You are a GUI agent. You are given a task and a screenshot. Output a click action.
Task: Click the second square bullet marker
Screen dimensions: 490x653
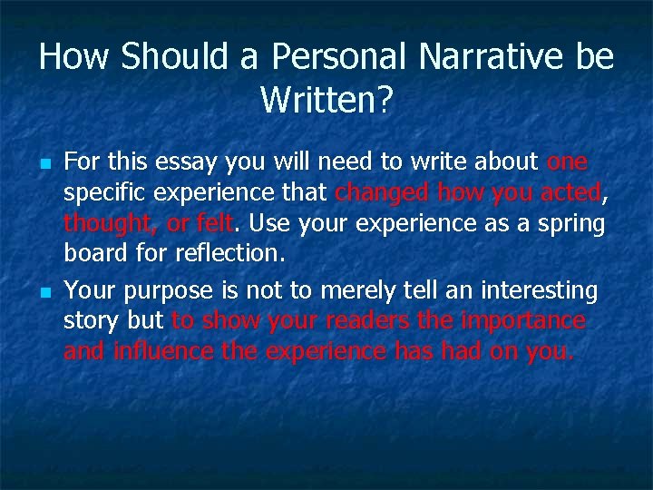(x=44, y=293)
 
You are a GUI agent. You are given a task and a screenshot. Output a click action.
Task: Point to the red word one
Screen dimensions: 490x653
(x=568, y=162)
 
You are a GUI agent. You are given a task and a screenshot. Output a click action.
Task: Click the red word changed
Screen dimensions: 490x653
(x=382, y=193)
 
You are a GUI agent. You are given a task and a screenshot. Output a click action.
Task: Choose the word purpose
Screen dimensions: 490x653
(x=166, y=291)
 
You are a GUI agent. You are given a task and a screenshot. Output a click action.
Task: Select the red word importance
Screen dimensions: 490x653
(x=522, y=321)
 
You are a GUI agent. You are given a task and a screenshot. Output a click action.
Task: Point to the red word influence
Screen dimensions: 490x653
(x=164, y=351)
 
